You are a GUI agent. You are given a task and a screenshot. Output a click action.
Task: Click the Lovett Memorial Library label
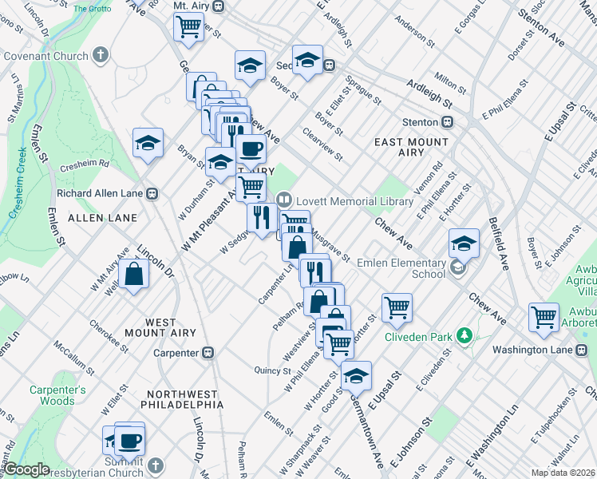coord(338,200)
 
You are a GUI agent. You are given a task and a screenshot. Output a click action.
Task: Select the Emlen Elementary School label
coord(401,268)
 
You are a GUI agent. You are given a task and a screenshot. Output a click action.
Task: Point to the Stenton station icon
coord(448,122)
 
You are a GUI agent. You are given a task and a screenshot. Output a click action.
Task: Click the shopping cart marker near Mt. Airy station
coord(188,26)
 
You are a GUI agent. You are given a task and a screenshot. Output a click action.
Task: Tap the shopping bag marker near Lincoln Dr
coord(135,274)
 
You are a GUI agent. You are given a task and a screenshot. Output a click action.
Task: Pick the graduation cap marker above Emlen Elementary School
coord(463,243)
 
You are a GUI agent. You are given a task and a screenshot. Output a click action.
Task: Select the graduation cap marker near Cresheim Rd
coord(148,143)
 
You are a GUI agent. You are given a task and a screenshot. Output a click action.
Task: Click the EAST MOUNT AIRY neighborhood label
coord(411,147)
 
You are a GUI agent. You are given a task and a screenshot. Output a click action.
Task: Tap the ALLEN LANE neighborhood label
coord(102,217)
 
